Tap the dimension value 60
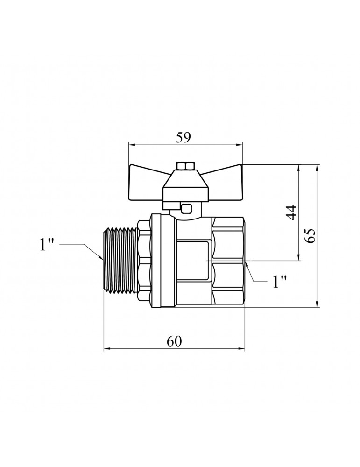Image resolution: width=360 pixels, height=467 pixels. pyautogui.click(x=174, y=341)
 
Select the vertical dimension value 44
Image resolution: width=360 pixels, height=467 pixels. pyautogui.click(x=291, y=212)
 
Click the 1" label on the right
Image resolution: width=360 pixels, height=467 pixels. pyautogui.click(x=279, y=281)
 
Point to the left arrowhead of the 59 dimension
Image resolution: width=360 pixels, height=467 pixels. pyautogui.click(x=131, y=145)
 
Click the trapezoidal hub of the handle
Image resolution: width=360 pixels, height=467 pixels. pyautogui.click(x=186, y=184)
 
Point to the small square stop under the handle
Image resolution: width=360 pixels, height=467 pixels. pyautogui.click(x=187, y=208)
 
